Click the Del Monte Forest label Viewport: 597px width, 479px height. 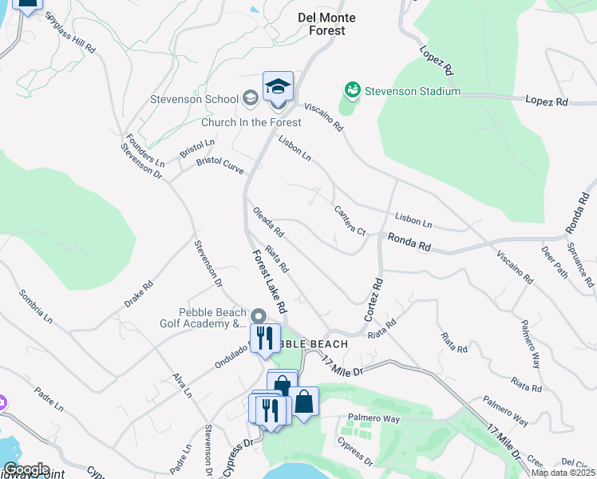pos(326,24)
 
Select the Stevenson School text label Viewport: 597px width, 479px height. pos(194,99)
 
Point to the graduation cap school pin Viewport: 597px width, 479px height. pos(278,87)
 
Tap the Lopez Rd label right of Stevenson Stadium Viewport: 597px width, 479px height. pos(546,101)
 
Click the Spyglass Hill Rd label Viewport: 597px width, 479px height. pos(70,32)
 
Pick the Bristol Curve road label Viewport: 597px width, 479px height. pos(220,165)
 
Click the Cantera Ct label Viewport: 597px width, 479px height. pos(350,220)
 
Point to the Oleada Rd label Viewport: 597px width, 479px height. pos(268,222)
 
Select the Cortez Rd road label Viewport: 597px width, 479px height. pos(374,300)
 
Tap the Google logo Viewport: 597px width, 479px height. pos(26,469)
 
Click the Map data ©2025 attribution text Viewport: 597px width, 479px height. pos(563,473)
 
